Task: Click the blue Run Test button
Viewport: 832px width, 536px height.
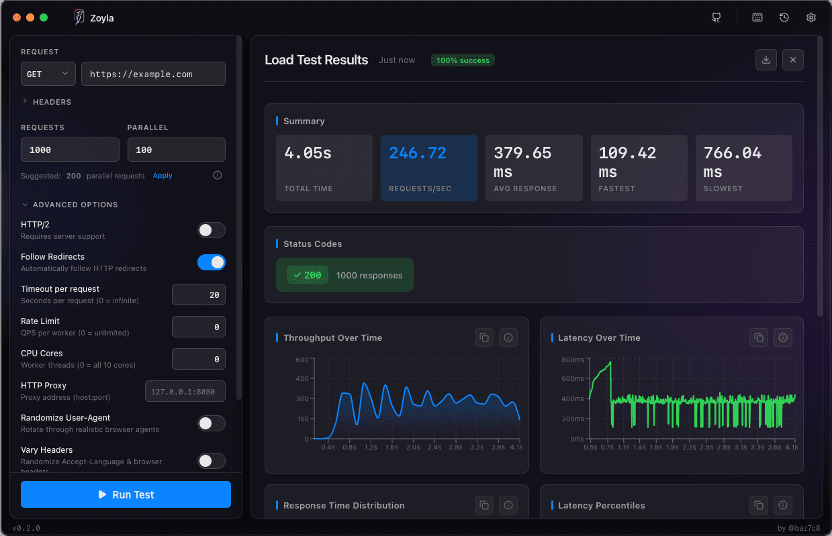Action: point(126,494)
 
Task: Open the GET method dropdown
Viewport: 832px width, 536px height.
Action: point(48,74)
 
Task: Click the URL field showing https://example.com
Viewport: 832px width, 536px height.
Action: point(153,74)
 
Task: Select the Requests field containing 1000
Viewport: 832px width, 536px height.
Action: point(70,150)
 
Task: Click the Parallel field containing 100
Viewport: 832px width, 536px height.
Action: point(176,150)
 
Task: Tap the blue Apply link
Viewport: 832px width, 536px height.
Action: point(163,176)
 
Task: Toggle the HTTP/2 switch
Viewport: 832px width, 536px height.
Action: point(211,230)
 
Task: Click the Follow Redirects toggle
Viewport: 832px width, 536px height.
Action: point(211,262)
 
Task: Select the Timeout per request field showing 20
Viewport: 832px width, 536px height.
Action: point(199,294)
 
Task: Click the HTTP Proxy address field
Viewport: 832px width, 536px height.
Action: point(185,391)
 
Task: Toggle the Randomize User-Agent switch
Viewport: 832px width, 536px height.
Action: point(211,423)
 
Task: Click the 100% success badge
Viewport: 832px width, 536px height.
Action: point(463,60)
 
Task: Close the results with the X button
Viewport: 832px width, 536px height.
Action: point(792,60)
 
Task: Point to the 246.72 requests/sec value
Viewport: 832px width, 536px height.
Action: point(418,153)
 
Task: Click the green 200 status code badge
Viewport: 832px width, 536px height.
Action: point(308,275)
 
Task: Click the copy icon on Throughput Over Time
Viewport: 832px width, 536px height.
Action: point(484,337)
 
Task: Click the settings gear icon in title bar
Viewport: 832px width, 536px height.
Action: point(811,17)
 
